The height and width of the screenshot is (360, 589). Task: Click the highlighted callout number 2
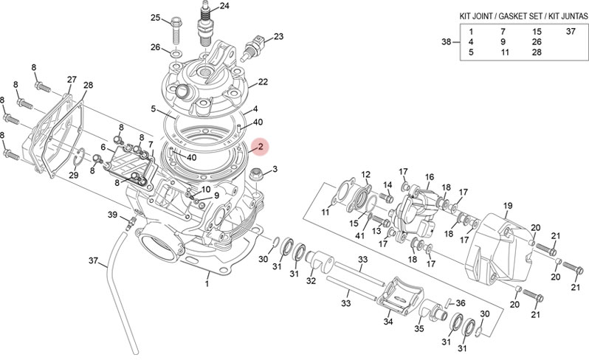click(x=259, y=148)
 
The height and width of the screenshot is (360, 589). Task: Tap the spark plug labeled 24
click(x=206, y=28)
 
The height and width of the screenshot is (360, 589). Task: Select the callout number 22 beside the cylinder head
click(x=262, y=81)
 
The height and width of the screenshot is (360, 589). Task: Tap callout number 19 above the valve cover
click(x=508, y=205)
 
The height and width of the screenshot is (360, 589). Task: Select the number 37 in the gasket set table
click(x=571, y=32)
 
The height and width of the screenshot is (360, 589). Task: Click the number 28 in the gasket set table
click(x=537, y=52)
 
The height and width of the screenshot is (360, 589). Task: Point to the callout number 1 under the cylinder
click(x=207, y=283)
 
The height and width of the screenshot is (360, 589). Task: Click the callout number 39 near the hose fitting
click(x=113, y=215)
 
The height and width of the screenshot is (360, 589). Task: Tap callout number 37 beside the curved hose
click(x=93, y=260)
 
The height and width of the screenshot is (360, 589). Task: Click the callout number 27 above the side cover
click(x=72, y=79)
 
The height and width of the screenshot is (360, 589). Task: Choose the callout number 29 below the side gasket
click(x=73, y=175)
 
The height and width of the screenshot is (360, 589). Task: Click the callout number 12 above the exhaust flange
click(x=365, y=175)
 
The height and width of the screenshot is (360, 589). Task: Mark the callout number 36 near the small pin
click(x=461, y=302)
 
